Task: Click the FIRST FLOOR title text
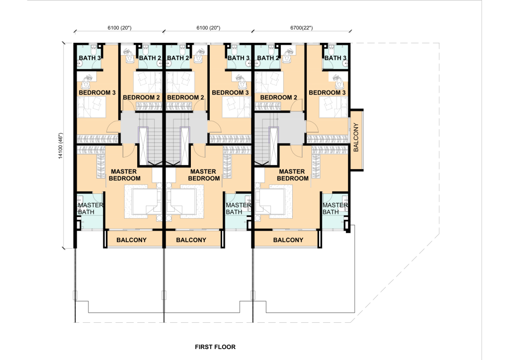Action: coord(215,347)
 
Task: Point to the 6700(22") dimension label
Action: coord(302,28)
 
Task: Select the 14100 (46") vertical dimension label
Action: coord(60,146)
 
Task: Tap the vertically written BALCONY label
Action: coord(356,137)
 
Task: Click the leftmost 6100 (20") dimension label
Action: coord(119,28)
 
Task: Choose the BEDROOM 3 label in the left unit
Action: coord(97,92)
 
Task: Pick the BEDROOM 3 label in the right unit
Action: coord(327,92)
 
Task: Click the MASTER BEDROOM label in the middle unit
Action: coord(203,175)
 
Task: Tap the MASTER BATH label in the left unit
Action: coord(90,208)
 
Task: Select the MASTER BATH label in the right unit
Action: coord(335,208)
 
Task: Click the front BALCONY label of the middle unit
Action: coord(191,240)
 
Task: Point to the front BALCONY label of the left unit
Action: coord(131,240)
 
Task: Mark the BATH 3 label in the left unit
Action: coord(89,58)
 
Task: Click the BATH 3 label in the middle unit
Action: coord(239,58)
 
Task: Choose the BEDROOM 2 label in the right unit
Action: coord(278,97)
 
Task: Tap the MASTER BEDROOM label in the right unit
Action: coord(292,175)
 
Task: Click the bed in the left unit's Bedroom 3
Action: coord(92,107)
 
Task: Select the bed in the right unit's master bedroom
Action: coord(272,202)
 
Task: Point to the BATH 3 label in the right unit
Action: coord(336,58)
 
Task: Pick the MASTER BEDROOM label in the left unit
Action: coord(124,175)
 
